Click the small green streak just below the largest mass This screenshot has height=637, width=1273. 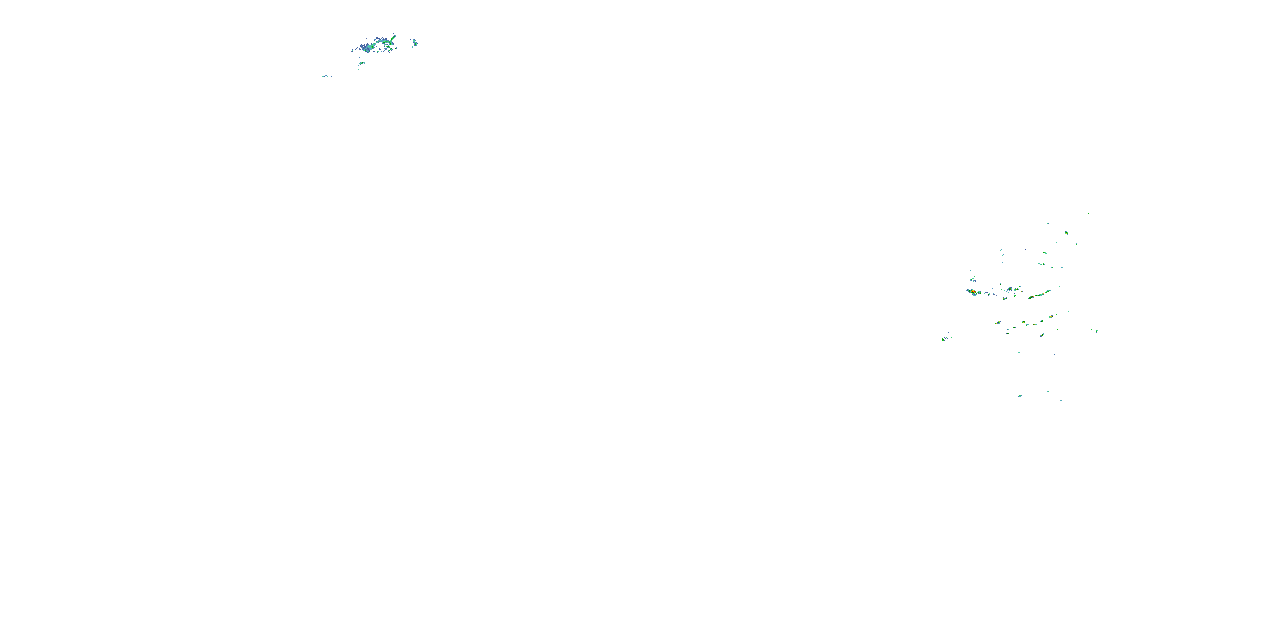(x=361, y=63)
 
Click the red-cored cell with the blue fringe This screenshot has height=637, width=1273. (x=973, y=292)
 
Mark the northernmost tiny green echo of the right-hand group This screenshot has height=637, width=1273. (x=1089, y=214)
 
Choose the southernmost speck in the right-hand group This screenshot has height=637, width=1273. (x=1061, y=400)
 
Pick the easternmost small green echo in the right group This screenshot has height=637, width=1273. (x=1097, y=330)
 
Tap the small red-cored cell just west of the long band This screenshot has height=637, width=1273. (x=1009, y=289)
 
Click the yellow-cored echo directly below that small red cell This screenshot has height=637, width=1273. (x=1005, y=299)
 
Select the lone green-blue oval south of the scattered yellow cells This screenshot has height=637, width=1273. (x=1042, y=335)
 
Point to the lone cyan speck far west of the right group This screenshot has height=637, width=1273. (x=948, y=259)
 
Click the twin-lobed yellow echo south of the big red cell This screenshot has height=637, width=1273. (x=998, y=323)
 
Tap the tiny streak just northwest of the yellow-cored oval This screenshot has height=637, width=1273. (x=1047, y=223)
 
